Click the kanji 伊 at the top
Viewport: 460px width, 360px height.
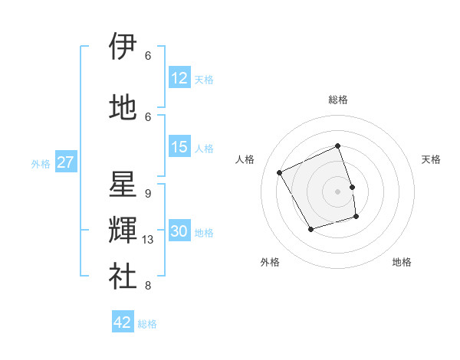tap(123, 47)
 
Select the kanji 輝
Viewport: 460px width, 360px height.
tap(123, 230)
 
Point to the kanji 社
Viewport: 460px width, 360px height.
tap(123, 275)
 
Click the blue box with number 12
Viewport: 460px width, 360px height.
tap(179, 78)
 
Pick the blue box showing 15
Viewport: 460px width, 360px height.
tap(179, 147)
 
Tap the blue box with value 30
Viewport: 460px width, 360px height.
tap(179, 231)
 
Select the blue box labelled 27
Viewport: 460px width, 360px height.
tap(65, 162)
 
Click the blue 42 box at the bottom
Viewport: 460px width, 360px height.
tap(123, 322)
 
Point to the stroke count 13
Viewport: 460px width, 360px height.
tap(148, 240)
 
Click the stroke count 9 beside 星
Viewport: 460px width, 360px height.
tap(147, 194)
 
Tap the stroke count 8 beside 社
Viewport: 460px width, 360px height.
tap(147, 286)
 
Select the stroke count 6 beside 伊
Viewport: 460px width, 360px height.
tap(147, 56)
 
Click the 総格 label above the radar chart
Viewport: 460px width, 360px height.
tap(338, 100)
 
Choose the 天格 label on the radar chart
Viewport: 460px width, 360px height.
tap(431, 159)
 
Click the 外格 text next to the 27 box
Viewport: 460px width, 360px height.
tap(41, 163)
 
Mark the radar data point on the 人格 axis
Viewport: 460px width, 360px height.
tap(280, 172)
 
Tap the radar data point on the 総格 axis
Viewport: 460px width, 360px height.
tap(338, 146)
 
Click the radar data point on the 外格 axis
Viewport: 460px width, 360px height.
tap(310, 229)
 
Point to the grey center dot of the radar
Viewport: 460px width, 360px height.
tap(338, 191)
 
